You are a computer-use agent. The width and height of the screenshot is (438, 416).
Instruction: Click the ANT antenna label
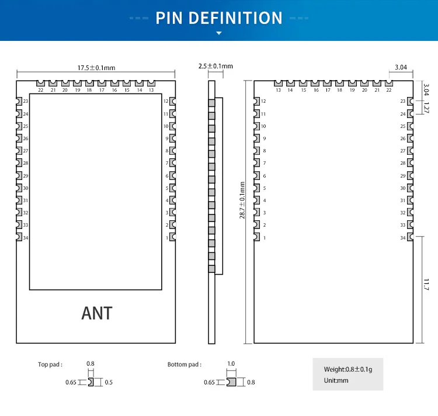click(97, 313)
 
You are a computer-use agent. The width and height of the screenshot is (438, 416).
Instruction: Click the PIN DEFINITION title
click(219, 18)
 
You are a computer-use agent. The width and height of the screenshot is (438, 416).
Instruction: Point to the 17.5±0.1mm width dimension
click(96, 68)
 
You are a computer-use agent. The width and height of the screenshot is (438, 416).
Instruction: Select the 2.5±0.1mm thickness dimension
click(215, 66)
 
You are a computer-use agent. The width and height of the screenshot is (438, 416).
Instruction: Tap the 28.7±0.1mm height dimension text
click(242, 200)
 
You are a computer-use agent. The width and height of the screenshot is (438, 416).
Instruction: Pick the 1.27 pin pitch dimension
click(426, 108)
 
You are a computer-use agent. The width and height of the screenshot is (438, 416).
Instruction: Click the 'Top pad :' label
click(50, 365)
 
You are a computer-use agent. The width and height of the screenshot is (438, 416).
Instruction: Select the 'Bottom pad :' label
click(185, 365)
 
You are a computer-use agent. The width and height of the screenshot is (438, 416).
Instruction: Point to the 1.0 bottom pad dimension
click(231, 364)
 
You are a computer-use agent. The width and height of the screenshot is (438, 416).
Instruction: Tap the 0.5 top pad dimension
click(109, 382)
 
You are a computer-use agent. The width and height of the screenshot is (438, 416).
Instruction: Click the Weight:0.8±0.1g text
click(347, 369)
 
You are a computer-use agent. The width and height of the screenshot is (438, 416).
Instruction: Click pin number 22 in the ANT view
click(40, 90)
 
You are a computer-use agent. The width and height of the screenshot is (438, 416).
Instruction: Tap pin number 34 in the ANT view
click(26, 238)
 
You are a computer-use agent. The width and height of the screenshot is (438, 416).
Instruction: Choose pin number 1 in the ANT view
click(167, 238)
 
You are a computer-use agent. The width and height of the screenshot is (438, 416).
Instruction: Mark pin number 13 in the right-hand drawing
click(278, 90)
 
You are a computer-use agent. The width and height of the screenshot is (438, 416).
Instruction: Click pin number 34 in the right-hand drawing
click(403, 238)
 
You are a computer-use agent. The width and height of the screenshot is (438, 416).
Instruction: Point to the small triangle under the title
click(219, 33)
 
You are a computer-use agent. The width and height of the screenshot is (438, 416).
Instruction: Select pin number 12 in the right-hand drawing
click(263, 102)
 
